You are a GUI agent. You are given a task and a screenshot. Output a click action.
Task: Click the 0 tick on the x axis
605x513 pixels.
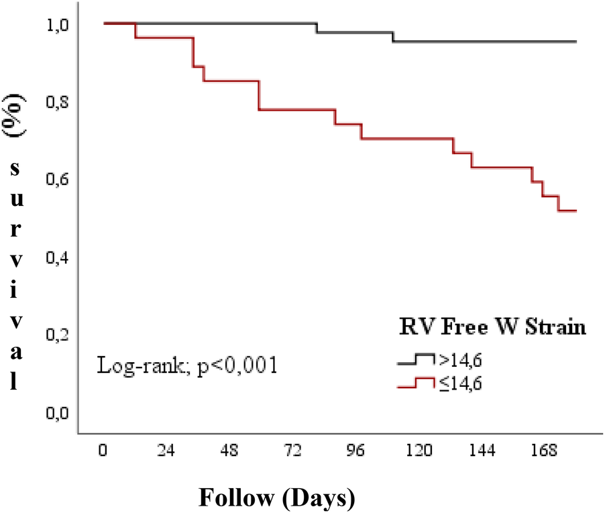coord(103,451)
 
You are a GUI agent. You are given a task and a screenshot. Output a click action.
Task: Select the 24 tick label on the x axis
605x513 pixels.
coord(166,451)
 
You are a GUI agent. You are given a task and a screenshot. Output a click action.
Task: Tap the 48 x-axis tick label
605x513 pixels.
coord(229,451)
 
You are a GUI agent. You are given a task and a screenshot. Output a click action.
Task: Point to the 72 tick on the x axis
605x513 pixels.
coord(292,451)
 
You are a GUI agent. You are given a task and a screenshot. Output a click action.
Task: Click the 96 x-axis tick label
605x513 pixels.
coord(355,451)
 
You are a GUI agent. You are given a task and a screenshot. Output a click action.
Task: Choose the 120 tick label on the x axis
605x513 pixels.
coord(419,451)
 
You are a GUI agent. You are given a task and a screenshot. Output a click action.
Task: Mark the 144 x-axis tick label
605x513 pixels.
coord(482,451)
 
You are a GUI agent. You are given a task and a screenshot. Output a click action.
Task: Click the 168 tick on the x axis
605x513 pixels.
coord(545,451)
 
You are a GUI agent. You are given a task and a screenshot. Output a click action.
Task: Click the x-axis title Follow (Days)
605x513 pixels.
coord(276,498)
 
